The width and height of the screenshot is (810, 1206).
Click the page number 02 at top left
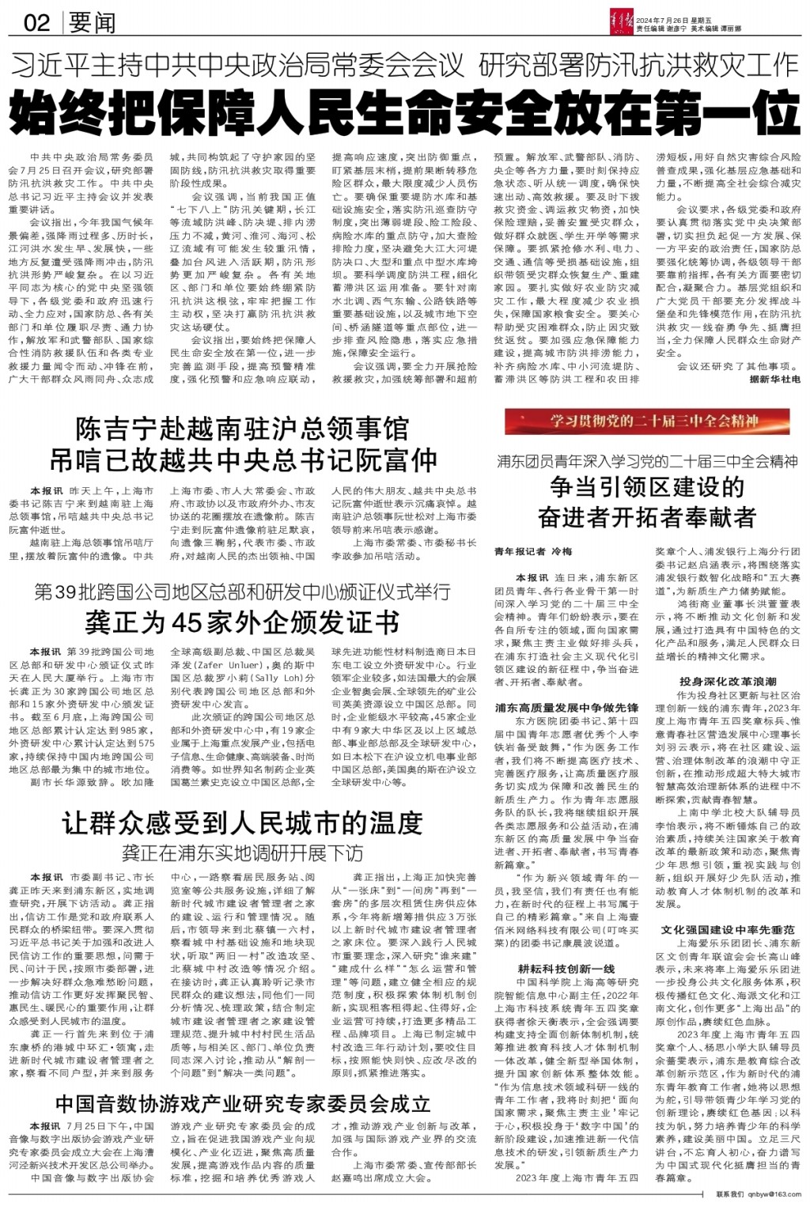click(36, 21)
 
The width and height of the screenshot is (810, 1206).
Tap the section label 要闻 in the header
click(93, 21)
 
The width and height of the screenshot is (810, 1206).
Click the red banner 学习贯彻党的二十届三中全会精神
click(653, 422)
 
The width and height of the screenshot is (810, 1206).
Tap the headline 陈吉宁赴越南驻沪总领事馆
click(242, 429)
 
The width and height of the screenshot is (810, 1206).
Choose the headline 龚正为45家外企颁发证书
click(242, 622)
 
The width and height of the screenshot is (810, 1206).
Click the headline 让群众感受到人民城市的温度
click(242, 824)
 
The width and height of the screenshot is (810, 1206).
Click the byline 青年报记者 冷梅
click(532, 550)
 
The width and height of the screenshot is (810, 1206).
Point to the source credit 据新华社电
click(774, 380)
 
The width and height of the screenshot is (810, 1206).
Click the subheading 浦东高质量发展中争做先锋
click(566, 707)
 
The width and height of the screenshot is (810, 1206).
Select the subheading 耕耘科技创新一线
click(566, 969)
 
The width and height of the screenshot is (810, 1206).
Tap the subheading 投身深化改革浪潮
click(728, 681)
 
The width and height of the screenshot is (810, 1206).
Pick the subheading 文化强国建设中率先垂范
click(728, 929)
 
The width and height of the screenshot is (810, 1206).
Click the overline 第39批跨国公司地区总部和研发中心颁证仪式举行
click(242, 592)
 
